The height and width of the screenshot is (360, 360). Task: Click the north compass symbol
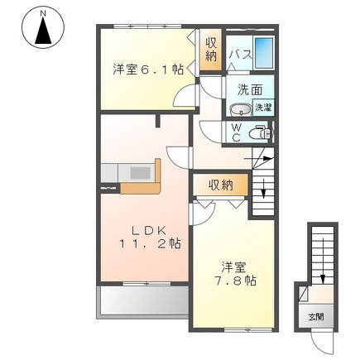42,27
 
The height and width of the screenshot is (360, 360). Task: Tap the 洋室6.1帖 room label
148,70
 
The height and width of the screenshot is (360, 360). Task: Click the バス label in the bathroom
240,54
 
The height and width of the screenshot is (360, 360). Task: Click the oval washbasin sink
241,108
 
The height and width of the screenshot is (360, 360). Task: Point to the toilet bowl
261,132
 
